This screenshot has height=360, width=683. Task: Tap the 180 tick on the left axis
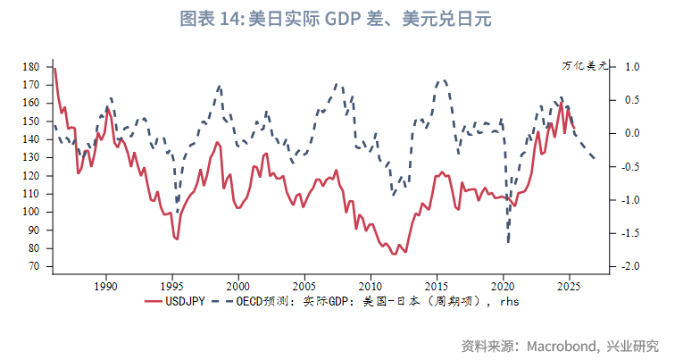click(x=32, y=67)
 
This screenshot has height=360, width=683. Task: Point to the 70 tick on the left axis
click(x=36, y=267)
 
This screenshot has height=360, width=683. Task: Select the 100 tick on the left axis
click(x=32, y=213)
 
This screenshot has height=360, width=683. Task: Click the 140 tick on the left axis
click(x=32, y=139)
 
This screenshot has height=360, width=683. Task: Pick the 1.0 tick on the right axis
click(x=632, y=67)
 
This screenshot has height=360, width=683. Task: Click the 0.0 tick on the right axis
click(x=632, y=133)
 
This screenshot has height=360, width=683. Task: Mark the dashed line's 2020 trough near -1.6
click(x=508, y=241)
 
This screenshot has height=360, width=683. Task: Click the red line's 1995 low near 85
click(x=177, y=239)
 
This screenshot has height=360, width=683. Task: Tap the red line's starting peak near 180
click(x=55, y=68)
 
